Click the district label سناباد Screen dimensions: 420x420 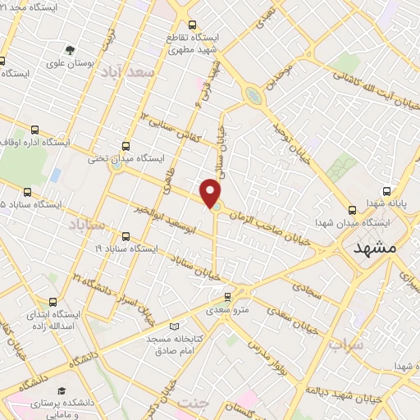pyautogui.click(x=86, y=223)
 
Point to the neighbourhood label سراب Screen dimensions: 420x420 pyautogui.click(x=346, y=345)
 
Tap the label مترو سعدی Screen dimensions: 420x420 pyautogui.click(x=229, y=308)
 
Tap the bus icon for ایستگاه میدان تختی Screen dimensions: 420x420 pyautogui.click(x=126, y=144)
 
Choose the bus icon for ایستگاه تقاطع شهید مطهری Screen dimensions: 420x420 pyautogui.click(x=192, y=25)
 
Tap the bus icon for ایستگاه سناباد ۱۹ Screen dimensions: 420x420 pyautogui.click(x=126, y=235)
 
